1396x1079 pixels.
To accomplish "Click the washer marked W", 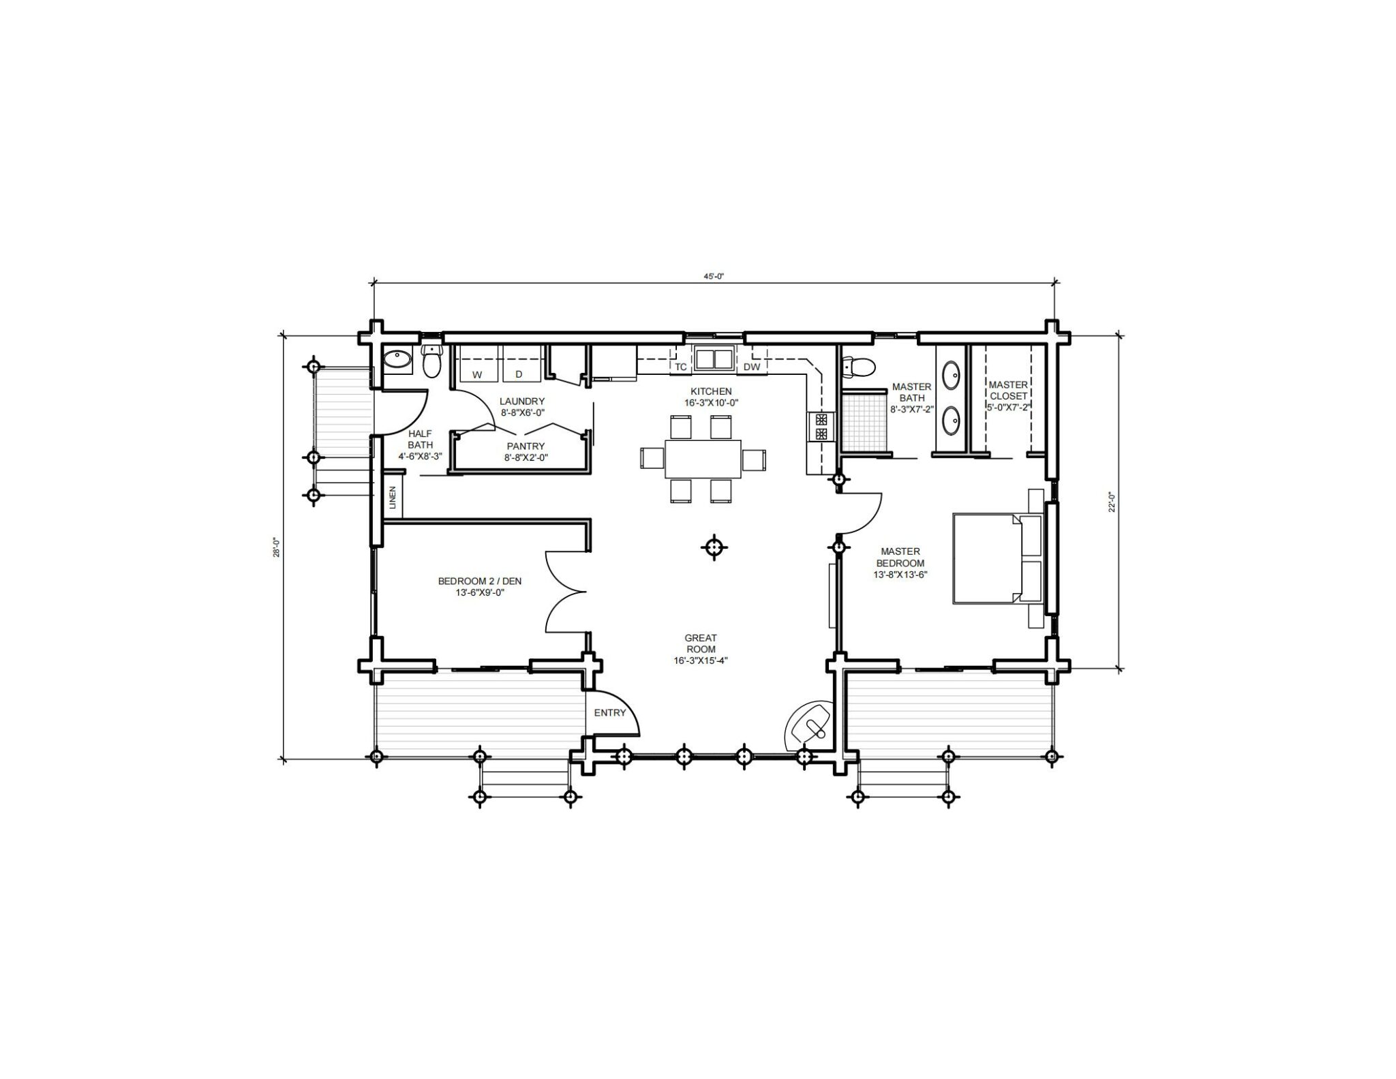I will point(476,365).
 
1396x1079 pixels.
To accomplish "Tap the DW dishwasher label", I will point(752,367).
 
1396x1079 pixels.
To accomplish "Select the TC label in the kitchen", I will point(681,367).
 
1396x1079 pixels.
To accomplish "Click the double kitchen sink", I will point(714,359).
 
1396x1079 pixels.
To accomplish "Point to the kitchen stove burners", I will point(821,426).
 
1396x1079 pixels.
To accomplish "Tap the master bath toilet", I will point(858,367).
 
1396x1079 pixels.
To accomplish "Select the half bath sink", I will point(396,359).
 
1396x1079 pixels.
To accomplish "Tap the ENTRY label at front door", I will point(609,713).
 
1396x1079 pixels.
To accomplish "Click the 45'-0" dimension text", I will point(713,276).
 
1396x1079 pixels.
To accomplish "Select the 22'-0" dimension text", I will point(1112,502).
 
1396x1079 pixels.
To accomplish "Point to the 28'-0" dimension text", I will point(277,547).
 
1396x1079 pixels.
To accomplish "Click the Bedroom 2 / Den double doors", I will point(566,592).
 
